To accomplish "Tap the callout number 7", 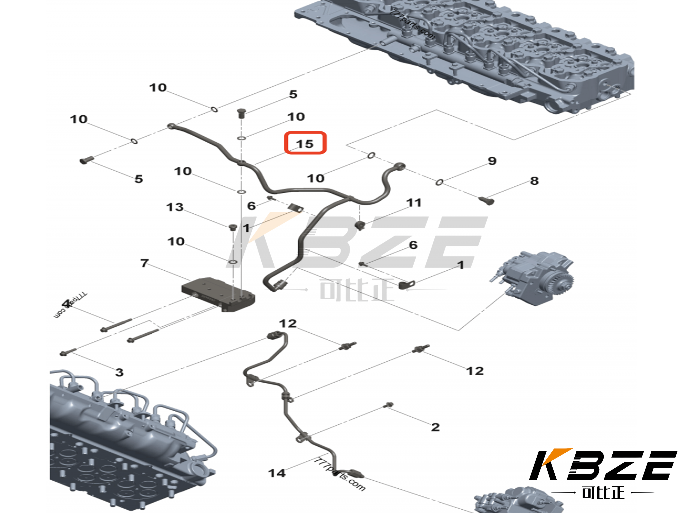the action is point(144,263).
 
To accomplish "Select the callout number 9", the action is point(492,161).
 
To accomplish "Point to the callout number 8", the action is point(534,181).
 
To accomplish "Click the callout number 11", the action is point(414,203).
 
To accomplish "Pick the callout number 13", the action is point(175,207).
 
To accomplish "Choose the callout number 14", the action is point(277,473).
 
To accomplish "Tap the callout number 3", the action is point(119,372).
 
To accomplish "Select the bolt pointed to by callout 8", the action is point(486,200).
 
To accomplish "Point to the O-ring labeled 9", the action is point(439,182).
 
